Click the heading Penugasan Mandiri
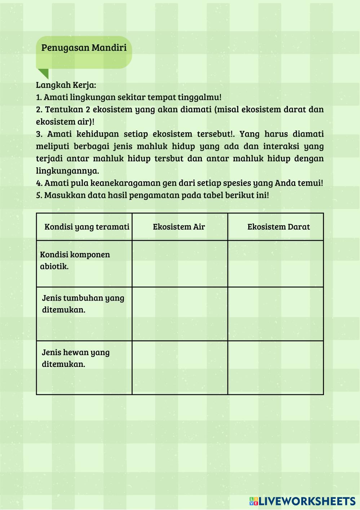84,48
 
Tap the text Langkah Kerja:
66,85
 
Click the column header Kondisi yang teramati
87,227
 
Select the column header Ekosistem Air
179,227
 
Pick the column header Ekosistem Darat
279,227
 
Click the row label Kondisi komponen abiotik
75,261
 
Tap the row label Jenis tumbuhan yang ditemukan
83,304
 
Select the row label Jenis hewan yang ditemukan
76,358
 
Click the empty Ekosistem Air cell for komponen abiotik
180,263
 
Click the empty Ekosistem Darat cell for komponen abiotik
276,263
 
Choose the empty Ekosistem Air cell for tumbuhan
180,314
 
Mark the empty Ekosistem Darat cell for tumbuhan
276,314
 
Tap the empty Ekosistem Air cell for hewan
180,368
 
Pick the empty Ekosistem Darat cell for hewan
276,368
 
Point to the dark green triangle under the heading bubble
44,73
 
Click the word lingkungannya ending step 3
67,171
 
